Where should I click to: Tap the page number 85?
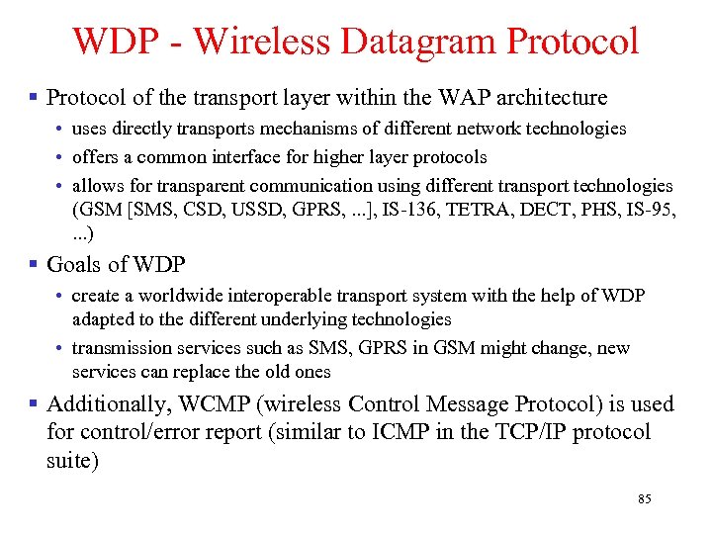645,499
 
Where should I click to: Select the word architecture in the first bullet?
552,97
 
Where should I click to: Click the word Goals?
73,265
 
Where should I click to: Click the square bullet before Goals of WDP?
35,265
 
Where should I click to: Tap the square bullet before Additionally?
35,403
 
